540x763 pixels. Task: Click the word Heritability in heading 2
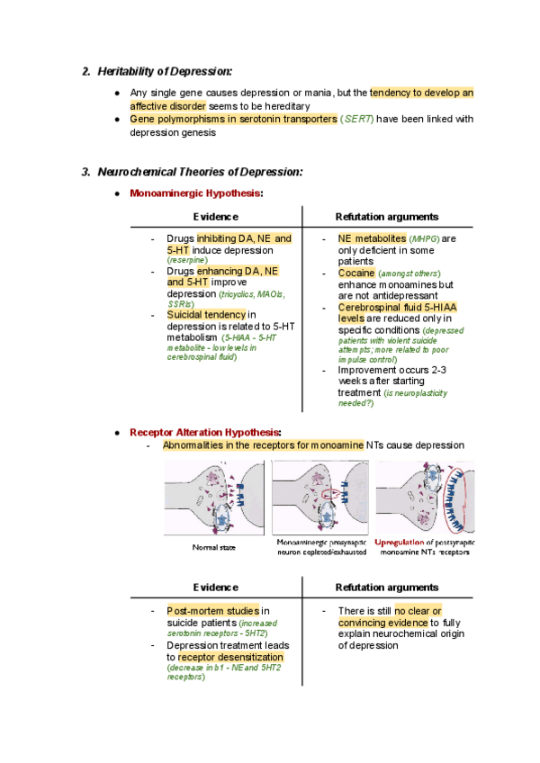pyautogui.click(x=130, y=71)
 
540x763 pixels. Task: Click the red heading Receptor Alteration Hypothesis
pyautogui.click(x=205, y=432)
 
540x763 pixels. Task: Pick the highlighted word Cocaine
pyautogui.click(x=356, y=273)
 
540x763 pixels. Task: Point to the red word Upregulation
pyautogui.click(x=403, y=543)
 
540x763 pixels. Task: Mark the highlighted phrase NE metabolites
pyautogui.click(x=372, y=238)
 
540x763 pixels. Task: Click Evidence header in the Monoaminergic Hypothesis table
pyautogui.click(x=216, y=217)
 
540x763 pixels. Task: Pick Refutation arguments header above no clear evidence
pyautogui.click(x=386, y=586)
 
